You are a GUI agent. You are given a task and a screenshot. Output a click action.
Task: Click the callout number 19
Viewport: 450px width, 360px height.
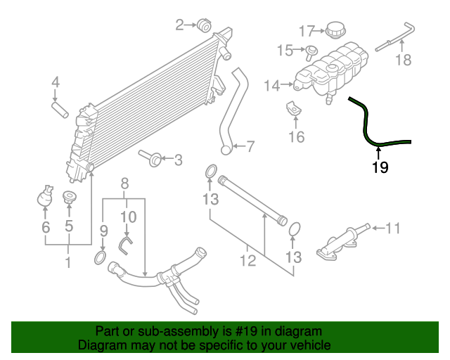pyautogui.click(x=380, y=167)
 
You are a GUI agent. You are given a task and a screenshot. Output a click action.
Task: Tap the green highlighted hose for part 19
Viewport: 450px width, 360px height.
pyautogui.click(x=367, y=127)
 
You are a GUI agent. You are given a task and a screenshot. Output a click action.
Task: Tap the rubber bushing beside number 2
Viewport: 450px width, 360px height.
pyautogui.click(x=205, y=25)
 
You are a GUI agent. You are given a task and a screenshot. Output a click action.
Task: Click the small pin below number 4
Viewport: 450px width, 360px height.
pyautogui.click(x=58, y=110)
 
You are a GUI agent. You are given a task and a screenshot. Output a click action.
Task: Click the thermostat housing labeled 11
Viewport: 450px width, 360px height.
pyautogui.click(x=345, y=239)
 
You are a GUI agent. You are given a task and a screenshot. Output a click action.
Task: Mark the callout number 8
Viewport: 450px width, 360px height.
pyautogui.click(x=124, y=184)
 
